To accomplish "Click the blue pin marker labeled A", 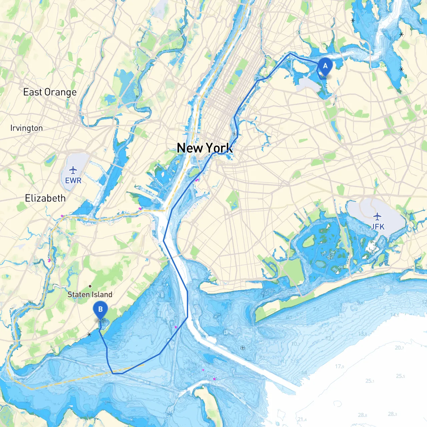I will (x=325, y=66).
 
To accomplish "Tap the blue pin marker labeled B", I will (x=100, y=310).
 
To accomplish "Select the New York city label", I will (x=204, y=148).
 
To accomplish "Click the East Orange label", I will (x=50, y=92).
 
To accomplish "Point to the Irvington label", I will (x=26, y=128).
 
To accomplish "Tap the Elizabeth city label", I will (x=45, y=198).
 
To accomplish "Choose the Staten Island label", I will (x=90, y=295).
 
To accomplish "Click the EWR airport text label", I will (x=73, y=180).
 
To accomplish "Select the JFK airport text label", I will (x=377, y=227).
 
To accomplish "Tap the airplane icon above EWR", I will (x=73, y=170).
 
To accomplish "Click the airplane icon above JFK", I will (x=377, y=217).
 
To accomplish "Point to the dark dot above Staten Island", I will (x=90, y=286).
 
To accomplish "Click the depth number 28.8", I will (x=362, y=415).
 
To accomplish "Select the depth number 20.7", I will (x=399, y=348).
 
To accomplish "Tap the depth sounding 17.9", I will (x=340, y=366).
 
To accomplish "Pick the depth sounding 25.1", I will (x=370, y=381).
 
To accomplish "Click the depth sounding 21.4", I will (x=302, y=419).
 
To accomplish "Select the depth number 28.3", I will (x=392, y=414).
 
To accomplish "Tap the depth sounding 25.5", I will (x=400, y=376).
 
